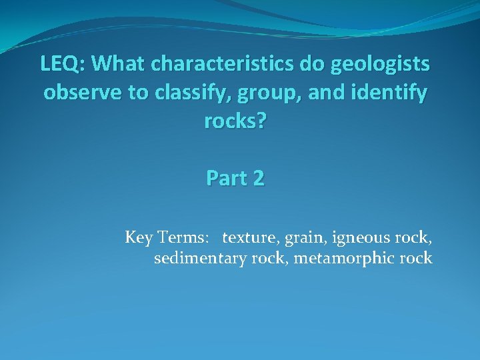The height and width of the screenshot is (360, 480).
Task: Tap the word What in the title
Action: coord(120,65)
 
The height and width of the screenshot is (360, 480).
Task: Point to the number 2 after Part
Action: coord(259,179)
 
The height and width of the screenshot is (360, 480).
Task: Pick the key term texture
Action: coord(248,237)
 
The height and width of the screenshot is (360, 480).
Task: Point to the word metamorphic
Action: coord(348,259)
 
